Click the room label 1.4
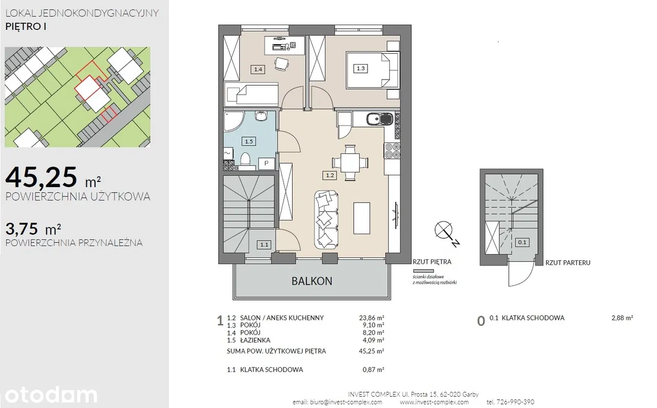point(258,69)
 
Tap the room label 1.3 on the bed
point(360,69)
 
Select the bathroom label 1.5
point(249,141)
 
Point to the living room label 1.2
point(330,175)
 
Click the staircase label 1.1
point(264,244)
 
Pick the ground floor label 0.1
point(522,242)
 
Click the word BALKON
point(312,281)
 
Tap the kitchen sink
point(379,119)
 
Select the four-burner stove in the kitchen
point(393,151)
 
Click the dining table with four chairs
point(350,162)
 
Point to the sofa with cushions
point(326,220)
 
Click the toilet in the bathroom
point(245,161)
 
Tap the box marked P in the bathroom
point(266,164)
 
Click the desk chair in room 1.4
point(282,64)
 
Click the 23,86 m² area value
point(372,318)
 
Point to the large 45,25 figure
point(42,177)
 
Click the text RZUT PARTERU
point(568,263)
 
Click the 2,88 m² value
point(622,318)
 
